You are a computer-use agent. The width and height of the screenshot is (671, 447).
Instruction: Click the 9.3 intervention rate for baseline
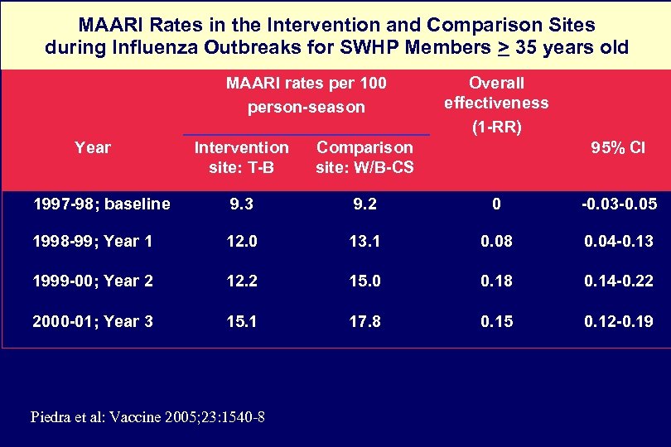click(241, 204)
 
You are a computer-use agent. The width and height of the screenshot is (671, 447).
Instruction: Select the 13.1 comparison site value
click(364, 242)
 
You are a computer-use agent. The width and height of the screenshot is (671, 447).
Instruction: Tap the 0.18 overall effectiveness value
click(496, 281)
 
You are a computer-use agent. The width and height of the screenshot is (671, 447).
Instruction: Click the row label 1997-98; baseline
click(101, 204)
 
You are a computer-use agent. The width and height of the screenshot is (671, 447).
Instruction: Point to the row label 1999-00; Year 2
click(93, 281)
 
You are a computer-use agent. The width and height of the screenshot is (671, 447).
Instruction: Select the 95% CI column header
click(617, 148)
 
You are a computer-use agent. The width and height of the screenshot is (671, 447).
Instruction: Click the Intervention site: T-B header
click(241, 157)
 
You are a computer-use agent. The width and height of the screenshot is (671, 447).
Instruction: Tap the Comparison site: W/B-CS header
click(364, 157)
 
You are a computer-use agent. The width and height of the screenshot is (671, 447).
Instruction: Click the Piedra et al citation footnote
click(147, 416)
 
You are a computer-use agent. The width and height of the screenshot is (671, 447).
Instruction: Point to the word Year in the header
click(92, 147)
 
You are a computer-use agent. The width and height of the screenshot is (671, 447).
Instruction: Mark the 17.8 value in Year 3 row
click(364, 320)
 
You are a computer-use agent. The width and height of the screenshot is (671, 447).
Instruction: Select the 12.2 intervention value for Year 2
click(241, 281)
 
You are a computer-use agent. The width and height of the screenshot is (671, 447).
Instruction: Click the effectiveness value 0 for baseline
click(496, 204)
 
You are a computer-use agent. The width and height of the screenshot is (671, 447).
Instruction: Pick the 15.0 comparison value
click(364, 281)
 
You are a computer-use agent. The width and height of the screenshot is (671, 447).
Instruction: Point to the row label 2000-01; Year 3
click(93, 320)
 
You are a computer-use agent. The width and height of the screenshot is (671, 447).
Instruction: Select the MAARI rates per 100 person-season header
click(307, 95)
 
